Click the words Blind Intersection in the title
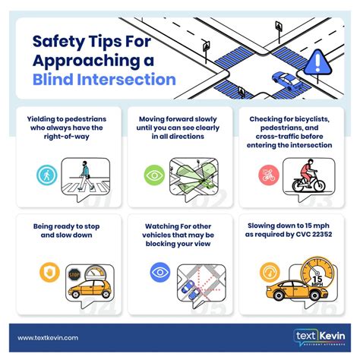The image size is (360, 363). point(105,80)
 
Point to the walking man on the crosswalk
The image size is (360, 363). point(85,175)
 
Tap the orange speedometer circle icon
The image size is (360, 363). point(268,272)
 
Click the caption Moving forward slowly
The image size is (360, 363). point(179,119)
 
